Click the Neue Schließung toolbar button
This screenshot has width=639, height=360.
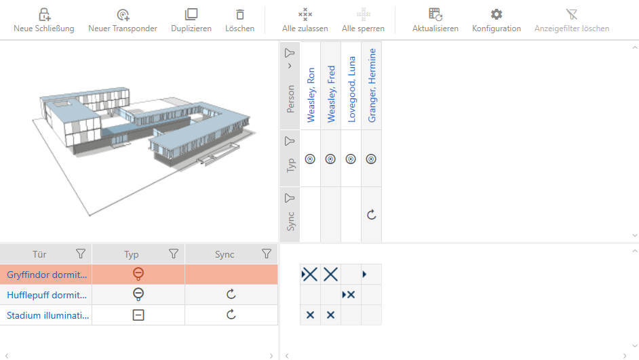44,20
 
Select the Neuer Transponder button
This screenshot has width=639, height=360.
123,20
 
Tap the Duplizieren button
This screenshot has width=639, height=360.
191,20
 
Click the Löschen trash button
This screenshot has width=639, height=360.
239,20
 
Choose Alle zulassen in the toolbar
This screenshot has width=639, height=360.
305,20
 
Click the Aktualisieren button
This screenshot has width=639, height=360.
435,20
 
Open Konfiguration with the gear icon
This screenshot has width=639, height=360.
497,20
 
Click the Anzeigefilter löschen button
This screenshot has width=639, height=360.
572,20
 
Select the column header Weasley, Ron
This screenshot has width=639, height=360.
311,95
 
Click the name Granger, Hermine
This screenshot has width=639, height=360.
372,85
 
